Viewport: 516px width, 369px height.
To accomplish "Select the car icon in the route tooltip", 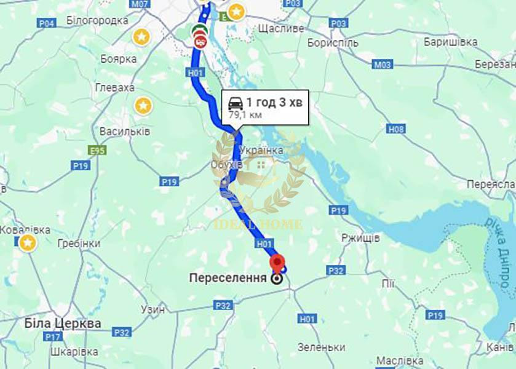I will point(236,103).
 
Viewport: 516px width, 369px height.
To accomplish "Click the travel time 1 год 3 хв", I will point(274,103).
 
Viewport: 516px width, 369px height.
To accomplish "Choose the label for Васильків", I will point(125,132).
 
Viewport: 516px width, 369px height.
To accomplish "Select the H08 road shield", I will point(396,129).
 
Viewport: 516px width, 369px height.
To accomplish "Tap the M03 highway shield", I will point(382,64).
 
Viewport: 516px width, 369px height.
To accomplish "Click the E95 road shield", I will point(97,149).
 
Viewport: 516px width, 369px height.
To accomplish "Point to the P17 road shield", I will point(54,337).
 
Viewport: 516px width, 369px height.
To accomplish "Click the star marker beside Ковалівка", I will point(27,243).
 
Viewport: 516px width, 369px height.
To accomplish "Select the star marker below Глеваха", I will point(143,106).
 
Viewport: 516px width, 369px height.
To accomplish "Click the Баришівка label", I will point(451,42).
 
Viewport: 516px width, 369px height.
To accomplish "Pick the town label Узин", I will point(153,309).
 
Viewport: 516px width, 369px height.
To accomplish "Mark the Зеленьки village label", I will point(321,347).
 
